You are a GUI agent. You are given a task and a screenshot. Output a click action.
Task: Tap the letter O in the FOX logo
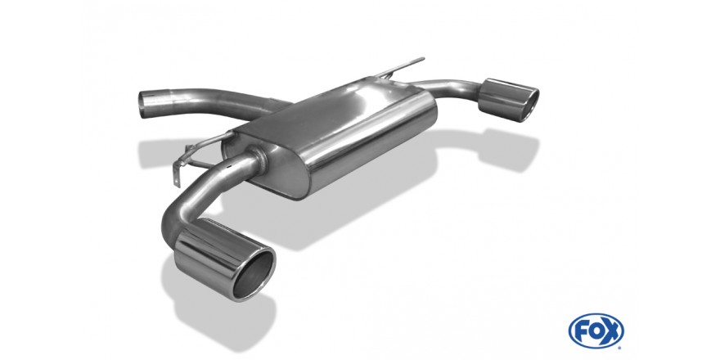pos(596,331)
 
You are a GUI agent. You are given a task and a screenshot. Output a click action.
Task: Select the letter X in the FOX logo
pos(612,331)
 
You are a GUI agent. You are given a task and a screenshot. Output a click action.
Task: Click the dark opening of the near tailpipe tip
pos(253,275)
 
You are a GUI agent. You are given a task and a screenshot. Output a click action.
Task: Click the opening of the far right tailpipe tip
pos(530,106)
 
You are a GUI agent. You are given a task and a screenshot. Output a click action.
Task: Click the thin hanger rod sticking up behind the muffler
pos(398,67)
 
